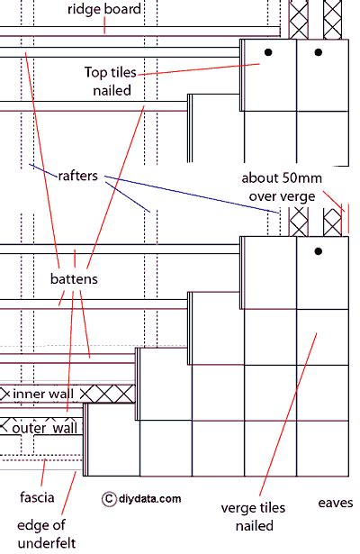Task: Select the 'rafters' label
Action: coord(78,177)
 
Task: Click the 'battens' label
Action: coord(74,279)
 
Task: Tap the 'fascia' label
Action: coord(37,496)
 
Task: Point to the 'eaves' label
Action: coord(335,503)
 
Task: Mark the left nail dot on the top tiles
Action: coord(267,53)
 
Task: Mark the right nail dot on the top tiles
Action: coord(317,53)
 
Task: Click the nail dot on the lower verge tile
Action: coord(317,251)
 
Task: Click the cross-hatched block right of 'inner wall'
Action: coord(118,394)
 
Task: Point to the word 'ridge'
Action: coord(85,10)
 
